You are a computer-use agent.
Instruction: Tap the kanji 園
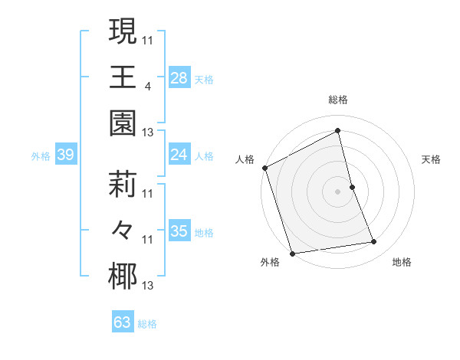click(x=123, y=121)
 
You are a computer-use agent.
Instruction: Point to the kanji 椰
click(x=123, y=276)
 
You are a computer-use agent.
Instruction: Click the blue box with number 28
click(x=179, y=77)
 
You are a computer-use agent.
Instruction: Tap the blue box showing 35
click(x=179, y=231)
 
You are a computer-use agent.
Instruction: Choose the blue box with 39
click(x=65, y=155)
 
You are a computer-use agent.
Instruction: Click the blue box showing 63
click(x=123, y=322)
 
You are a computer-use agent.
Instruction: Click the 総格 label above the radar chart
click(x=338, y=100)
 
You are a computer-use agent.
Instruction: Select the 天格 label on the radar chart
click(x=432, y=159)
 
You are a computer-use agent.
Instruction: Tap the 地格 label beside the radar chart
click(x=402, y=262)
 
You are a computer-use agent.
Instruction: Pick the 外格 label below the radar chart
click(x=270, y=262)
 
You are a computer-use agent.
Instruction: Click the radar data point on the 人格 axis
click(x=264, y=168)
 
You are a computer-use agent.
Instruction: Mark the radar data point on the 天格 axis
click(x=352, y=187)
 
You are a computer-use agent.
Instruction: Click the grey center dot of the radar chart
click(x=337, y=191)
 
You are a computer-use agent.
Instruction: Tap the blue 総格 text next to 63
click(x=147, y=324)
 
